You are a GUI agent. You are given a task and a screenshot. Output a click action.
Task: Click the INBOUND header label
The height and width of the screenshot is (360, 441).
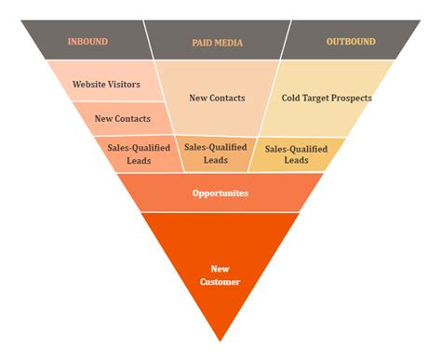click(87, 41)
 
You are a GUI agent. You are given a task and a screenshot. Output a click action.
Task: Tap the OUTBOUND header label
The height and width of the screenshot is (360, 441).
click(351, 41)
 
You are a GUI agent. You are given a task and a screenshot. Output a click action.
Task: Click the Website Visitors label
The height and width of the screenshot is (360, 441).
click(106, 84)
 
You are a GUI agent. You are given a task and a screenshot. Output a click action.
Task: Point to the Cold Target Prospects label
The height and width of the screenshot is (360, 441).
click(327, 98)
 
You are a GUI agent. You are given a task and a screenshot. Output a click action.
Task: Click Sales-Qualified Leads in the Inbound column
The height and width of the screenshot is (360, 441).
click(139, 153)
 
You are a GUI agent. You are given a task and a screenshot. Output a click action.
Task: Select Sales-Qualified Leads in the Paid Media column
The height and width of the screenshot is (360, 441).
click(216, 153)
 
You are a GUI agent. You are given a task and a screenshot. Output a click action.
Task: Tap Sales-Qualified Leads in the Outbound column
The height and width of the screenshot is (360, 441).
click(296, 153)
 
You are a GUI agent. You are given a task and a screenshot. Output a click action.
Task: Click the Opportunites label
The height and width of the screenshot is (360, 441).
click(220, 193)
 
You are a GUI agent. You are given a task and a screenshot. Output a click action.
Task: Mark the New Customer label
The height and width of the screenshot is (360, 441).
click(220, 274)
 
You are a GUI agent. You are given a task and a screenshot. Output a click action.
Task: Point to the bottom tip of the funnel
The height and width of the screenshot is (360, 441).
click(220, 338)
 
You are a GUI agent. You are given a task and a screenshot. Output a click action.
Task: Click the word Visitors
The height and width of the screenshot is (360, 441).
click(123, 84)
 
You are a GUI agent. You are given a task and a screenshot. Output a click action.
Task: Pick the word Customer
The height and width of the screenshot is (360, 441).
click(220, 281)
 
